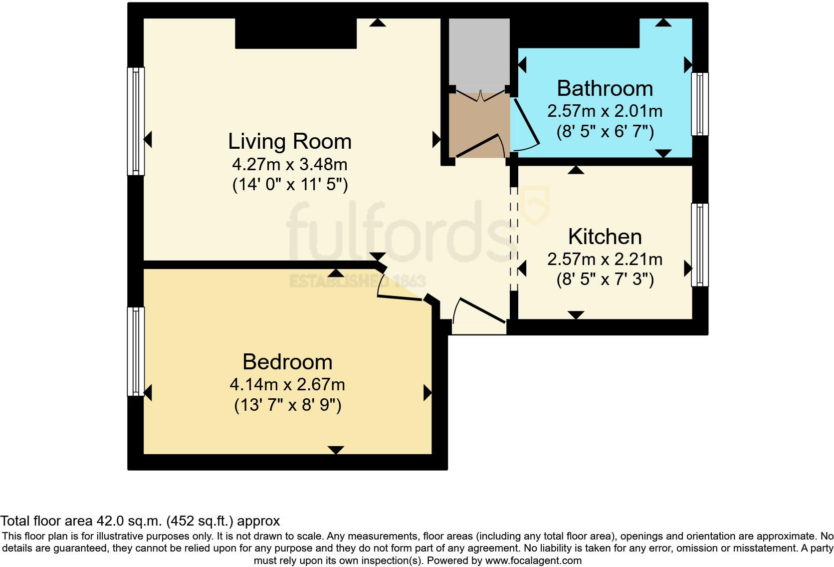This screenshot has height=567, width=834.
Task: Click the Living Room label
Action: pos(290,141)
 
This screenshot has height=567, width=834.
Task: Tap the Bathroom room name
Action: pos(605,88)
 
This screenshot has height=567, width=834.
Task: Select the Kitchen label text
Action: pos(605,237)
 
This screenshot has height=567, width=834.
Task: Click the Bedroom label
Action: pos(287,362)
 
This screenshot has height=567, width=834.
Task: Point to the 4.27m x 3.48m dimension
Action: pos(290,164)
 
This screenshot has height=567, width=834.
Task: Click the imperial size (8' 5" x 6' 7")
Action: pos(605,132)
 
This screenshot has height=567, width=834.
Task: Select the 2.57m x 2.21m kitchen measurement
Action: pos(605,259)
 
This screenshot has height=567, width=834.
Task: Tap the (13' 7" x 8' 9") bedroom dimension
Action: pos(288,405)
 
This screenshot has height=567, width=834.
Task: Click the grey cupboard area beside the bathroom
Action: pos(479,52)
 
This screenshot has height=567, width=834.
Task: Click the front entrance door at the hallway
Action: pos(481,311)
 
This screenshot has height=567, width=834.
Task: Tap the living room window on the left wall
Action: pos(136,121)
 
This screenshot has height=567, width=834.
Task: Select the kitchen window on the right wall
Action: pos(699,245)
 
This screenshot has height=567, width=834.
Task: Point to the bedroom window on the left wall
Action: pos(136,351)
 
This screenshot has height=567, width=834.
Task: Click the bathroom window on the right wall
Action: pos(699,104)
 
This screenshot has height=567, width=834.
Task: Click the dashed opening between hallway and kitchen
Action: pos(514,239)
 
